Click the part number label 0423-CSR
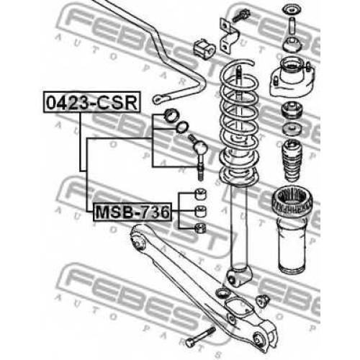[x=91, y=102]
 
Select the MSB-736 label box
[x=132, y=212]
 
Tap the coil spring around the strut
[x=239, y=122]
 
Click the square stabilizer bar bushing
[x=204, y=50]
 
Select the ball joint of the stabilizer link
[x=200, y=147]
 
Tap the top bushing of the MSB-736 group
[x=200, y=194]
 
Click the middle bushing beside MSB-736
[x=200, y=211]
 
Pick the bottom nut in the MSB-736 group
[x=200, y=228]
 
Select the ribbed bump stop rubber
[x=292, y=161]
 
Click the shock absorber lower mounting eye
[x=232, y=279]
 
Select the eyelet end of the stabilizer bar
[x=159, y=99]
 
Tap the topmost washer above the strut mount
[x=292, y=10]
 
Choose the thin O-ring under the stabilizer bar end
[x=182, y=127]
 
